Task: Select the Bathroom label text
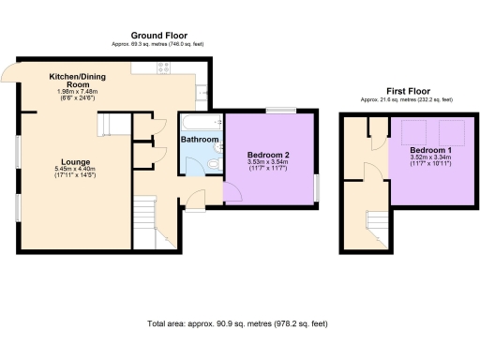coord(200,140)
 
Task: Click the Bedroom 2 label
coord(267,154)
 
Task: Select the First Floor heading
coord(402,92)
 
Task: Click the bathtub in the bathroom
coord(198,122)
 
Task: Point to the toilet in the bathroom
coord(214,166)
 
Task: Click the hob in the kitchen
coord(162,67)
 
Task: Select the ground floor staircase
coord(144,220)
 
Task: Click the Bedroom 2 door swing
coord(231,191)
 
